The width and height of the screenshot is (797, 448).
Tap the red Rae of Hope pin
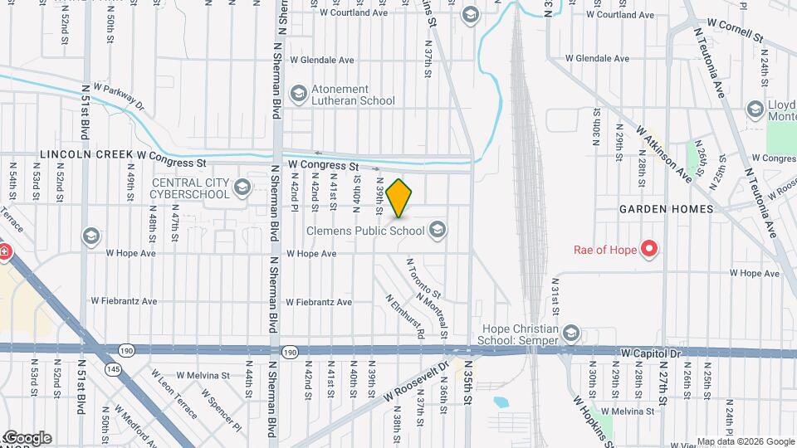(x=650, y=248)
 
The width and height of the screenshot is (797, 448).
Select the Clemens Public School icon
(x=438, y=229)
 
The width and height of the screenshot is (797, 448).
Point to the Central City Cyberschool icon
(x=242, y=187)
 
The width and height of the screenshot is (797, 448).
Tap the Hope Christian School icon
(x=570, y=334)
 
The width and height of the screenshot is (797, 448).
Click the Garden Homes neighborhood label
(x=666, y=210)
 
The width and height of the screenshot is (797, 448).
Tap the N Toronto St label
(x=423, y=279)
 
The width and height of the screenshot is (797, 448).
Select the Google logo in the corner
(x=27, y=438)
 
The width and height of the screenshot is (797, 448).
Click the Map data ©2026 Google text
(x=745, y=441)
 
